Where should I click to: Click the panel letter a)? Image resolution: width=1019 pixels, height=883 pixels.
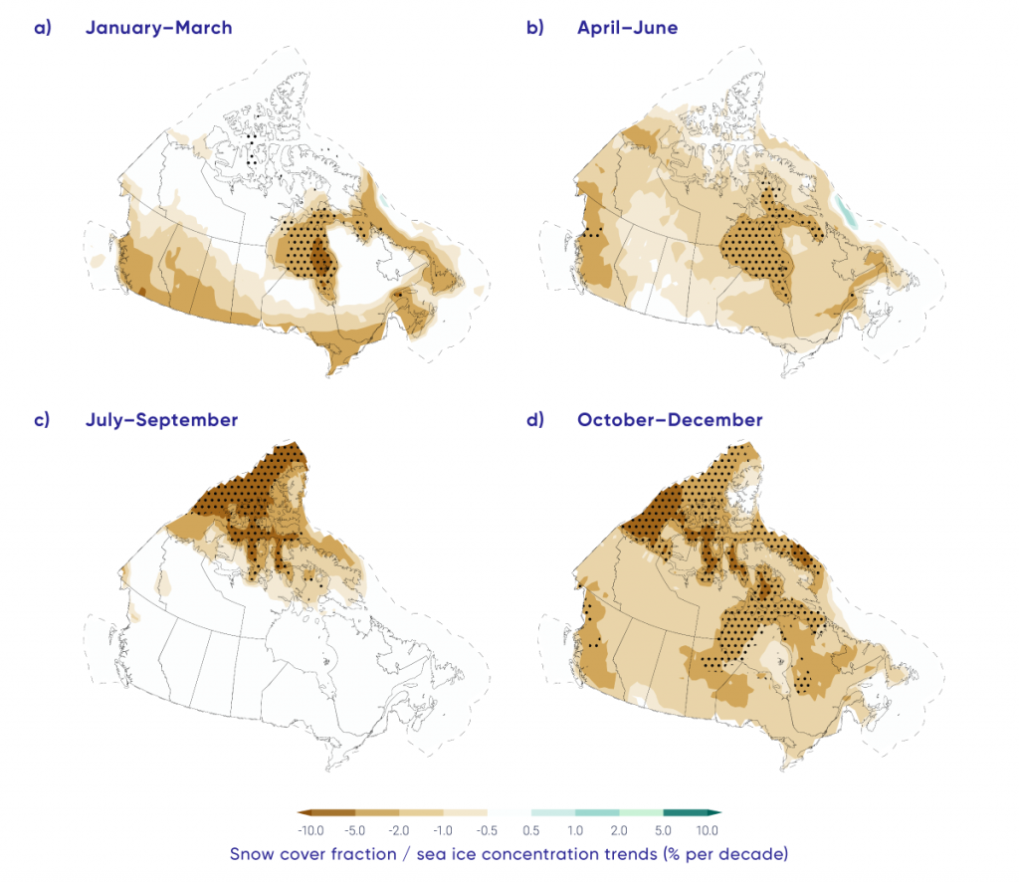click(x=42, y=28)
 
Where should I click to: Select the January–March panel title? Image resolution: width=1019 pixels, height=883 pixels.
click(x=159, y=28)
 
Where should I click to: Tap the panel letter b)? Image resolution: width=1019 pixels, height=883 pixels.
click(x=534, y=28)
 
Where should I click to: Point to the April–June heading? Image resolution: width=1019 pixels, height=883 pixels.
click(x=627, y=28)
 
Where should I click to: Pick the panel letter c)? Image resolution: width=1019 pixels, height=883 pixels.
click(x=42, y=420)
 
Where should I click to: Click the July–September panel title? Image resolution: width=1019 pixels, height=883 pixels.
click(x=161, y=420)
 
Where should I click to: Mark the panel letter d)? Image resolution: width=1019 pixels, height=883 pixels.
click(x=534, y=420)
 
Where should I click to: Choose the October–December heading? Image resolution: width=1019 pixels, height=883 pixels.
click(x=670, y=420)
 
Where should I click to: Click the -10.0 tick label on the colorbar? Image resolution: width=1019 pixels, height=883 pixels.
click(x=309, y=829)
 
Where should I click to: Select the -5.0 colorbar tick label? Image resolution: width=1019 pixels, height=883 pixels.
click(x=355, y=829)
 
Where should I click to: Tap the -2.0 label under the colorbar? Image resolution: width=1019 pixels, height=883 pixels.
click(x=399, y=829)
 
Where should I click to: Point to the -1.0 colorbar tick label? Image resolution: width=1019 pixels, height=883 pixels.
click(x=443, y=829)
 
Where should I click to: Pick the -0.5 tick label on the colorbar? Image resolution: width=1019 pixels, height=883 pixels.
click(x=487, y=829)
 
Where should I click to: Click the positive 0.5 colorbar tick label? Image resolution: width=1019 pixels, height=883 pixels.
click(x=531, y=829)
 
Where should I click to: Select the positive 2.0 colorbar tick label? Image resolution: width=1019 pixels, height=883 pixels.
click(x=619, y=829)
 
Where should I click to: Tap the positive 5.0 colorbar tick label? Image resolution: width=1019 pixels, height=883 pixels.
click(x=663, y=829)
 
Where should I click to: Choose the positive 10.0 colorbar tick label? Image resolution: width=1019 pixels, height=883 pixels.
click(x=707, y=829)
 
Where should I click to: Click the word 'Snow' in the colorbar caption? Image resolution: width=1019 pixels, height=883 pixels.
click(x=253, y=854)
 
